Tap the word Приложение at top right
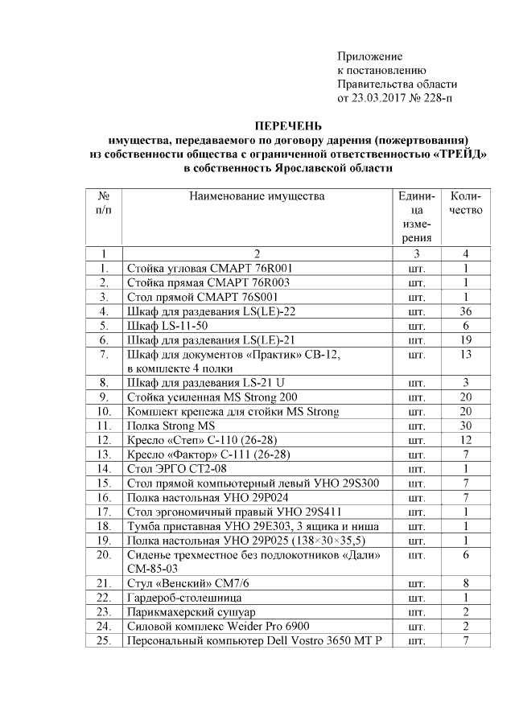pyautogui.click(x=369, y=56)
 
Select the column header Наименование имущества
pyautogui.click(x=257, y=195)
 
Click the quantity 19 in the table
pyautogui.click(x=465, y=339)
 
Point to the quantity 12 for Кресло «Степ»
pyautogui.click(x=465, y=441)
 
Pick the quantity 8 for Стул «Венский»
pyautogui.click(x=465, y=582)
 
